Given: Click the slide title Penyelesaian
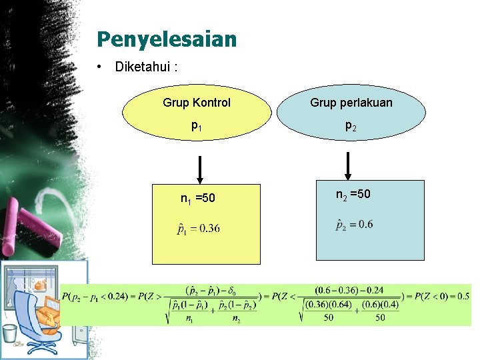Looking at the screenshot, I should click(166, 39).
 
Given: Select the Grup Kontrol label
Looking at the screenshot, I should click(197, 103).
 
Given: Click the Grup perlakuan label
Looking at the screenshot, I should click(351, 103).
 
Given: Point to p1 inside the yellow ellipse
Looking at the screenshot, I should click(197, 125).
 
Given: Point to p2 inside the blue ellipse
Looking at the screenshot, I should click(351, 125).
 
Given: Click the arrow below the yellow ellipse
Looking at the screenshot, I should click(199, 169).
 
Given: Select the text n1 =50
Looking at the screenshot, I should click(198, 198).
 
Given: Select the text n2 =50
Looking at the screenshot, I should click(353, 194).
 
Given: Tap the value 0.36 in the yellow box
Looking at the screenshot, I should click(209, 229).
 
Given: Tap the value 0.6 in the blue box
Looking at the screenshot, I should click(365, 225).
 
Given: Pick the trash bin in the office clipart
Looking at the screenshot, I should click(9, 333).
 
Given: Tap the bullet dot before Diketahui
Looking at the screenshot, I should click(98, 67).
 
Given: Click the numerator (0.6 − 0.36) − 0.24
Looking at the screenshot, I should click(349, 291).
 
